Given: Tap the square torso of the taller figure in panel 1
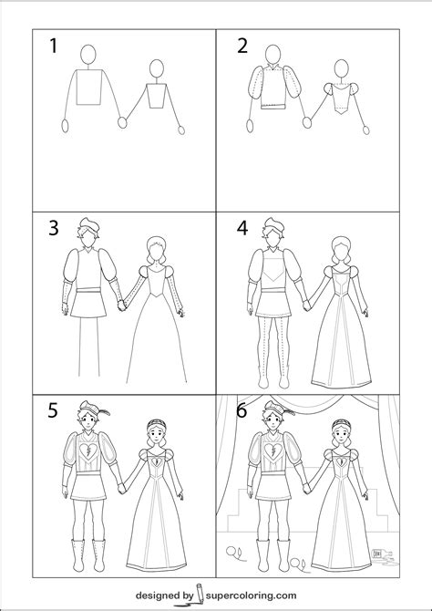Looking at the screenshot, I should pyautogui.click(x=88, y=88).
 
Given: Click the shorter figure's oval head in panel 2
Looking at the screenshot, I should pyautogui.click(x=341, y=70).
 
